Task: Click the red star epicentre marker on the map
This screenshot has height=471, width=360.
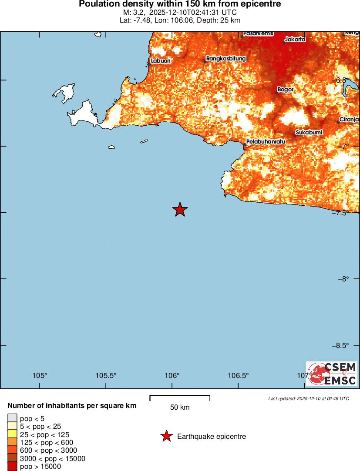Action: click(x=180, y=210)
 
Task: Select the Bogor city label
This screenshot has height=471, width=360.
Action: click(x=285, y=90)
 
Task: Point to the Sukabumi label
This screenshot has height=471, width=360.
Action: click(x=309, y=132)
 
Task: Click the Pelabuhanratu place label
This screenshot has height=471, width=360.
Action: click(x=266, y=142)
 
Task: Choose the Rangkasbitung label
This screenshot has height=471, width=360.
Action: click(x=226, y=59)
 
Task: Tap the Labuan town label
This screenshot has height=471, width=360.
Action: click(x=161, y=61)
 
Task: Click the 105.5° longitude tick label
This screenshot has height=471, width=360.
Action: click(x=106, y=376)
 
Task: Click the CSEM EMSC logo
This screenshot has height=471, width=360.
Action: click(x=332, y=374)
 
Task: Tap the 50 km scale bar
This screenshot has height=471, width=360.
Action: click(x=180, y=398)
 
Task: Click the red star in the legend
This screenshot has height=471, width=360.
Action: click(x=166, y=436)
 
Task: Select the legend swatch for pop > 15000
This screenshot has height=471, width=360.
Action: click(x=13, y=466)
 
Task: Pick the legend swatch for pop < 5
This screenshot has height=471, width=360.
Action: click(x=13, y=419)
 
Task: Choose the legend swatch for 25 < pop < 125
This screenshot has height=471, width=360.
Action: click(x=13, y=434)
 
